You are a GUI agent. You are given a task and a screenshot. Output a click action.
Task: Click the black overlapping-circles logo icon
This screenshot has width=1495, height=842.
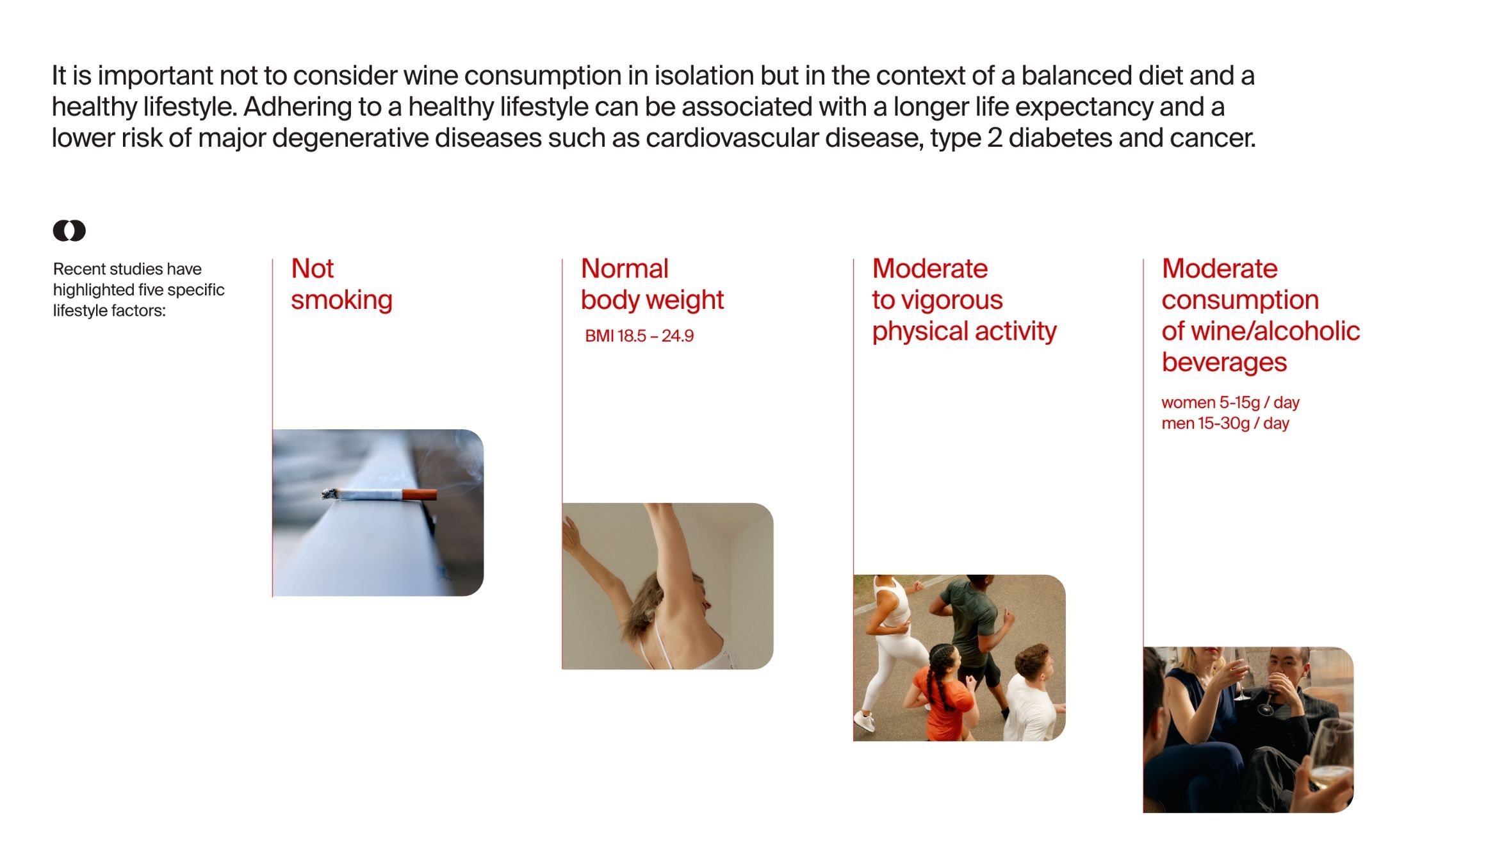pyautogui.click(x=69, y=231)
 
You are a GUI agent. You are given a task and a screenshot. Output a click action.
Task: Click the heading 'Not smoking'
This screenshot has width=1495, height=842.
pyautogui.click(x=341, y=284)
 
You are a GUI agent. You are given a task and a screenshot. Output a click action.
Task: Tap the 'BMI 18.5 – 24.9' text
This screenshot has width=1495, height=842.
pyautogui.click(x=639, y=336)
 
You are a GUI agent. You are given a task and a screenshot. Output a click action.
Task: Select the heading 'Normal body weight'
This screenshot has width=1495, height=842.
pyautogui.click(x=652, y=284)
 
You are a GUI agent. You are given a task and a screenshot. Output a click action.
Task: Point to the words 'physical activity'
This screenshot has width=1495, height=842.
pyautogui.click(x=964, y=331)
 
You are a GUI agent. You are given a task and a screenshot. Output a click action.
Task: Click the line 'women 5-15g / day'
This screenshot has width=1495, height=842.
pyautogui.click(x=1230, y=402)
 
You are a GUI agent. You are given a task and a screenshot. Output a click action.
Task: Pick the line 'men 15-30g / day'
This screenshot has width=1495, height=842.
pyautogui.click(x=1225, y=423)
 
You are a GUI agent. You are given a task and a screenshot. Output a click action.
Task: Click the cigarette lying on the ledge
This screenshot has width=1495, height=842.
pyautogui.click(x=379, y=494)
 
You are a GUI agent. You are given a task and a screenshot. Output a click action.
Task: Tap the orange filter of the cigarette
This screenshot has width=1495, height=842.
pyautogui.click(x=420, y=495)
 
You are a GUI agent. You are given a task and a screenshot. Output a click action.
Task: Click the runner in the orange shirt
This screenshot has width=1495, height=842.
pyautogui.click(x=943, y=695)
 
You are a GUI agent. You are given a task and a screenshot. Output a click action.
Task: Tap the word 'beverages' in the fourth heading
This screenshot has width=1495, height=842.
pyautogui.click(x=1224, y=363)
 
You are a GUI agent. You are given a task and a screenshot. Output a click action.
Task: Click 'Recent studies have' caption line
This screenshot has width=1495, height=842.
pyautogui.click(x=127, y=269)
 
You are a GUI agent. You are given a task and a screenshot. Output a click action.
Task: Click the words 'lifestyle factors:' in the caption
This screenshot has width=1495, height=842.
pyautogui.click(x=110, y=311)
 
